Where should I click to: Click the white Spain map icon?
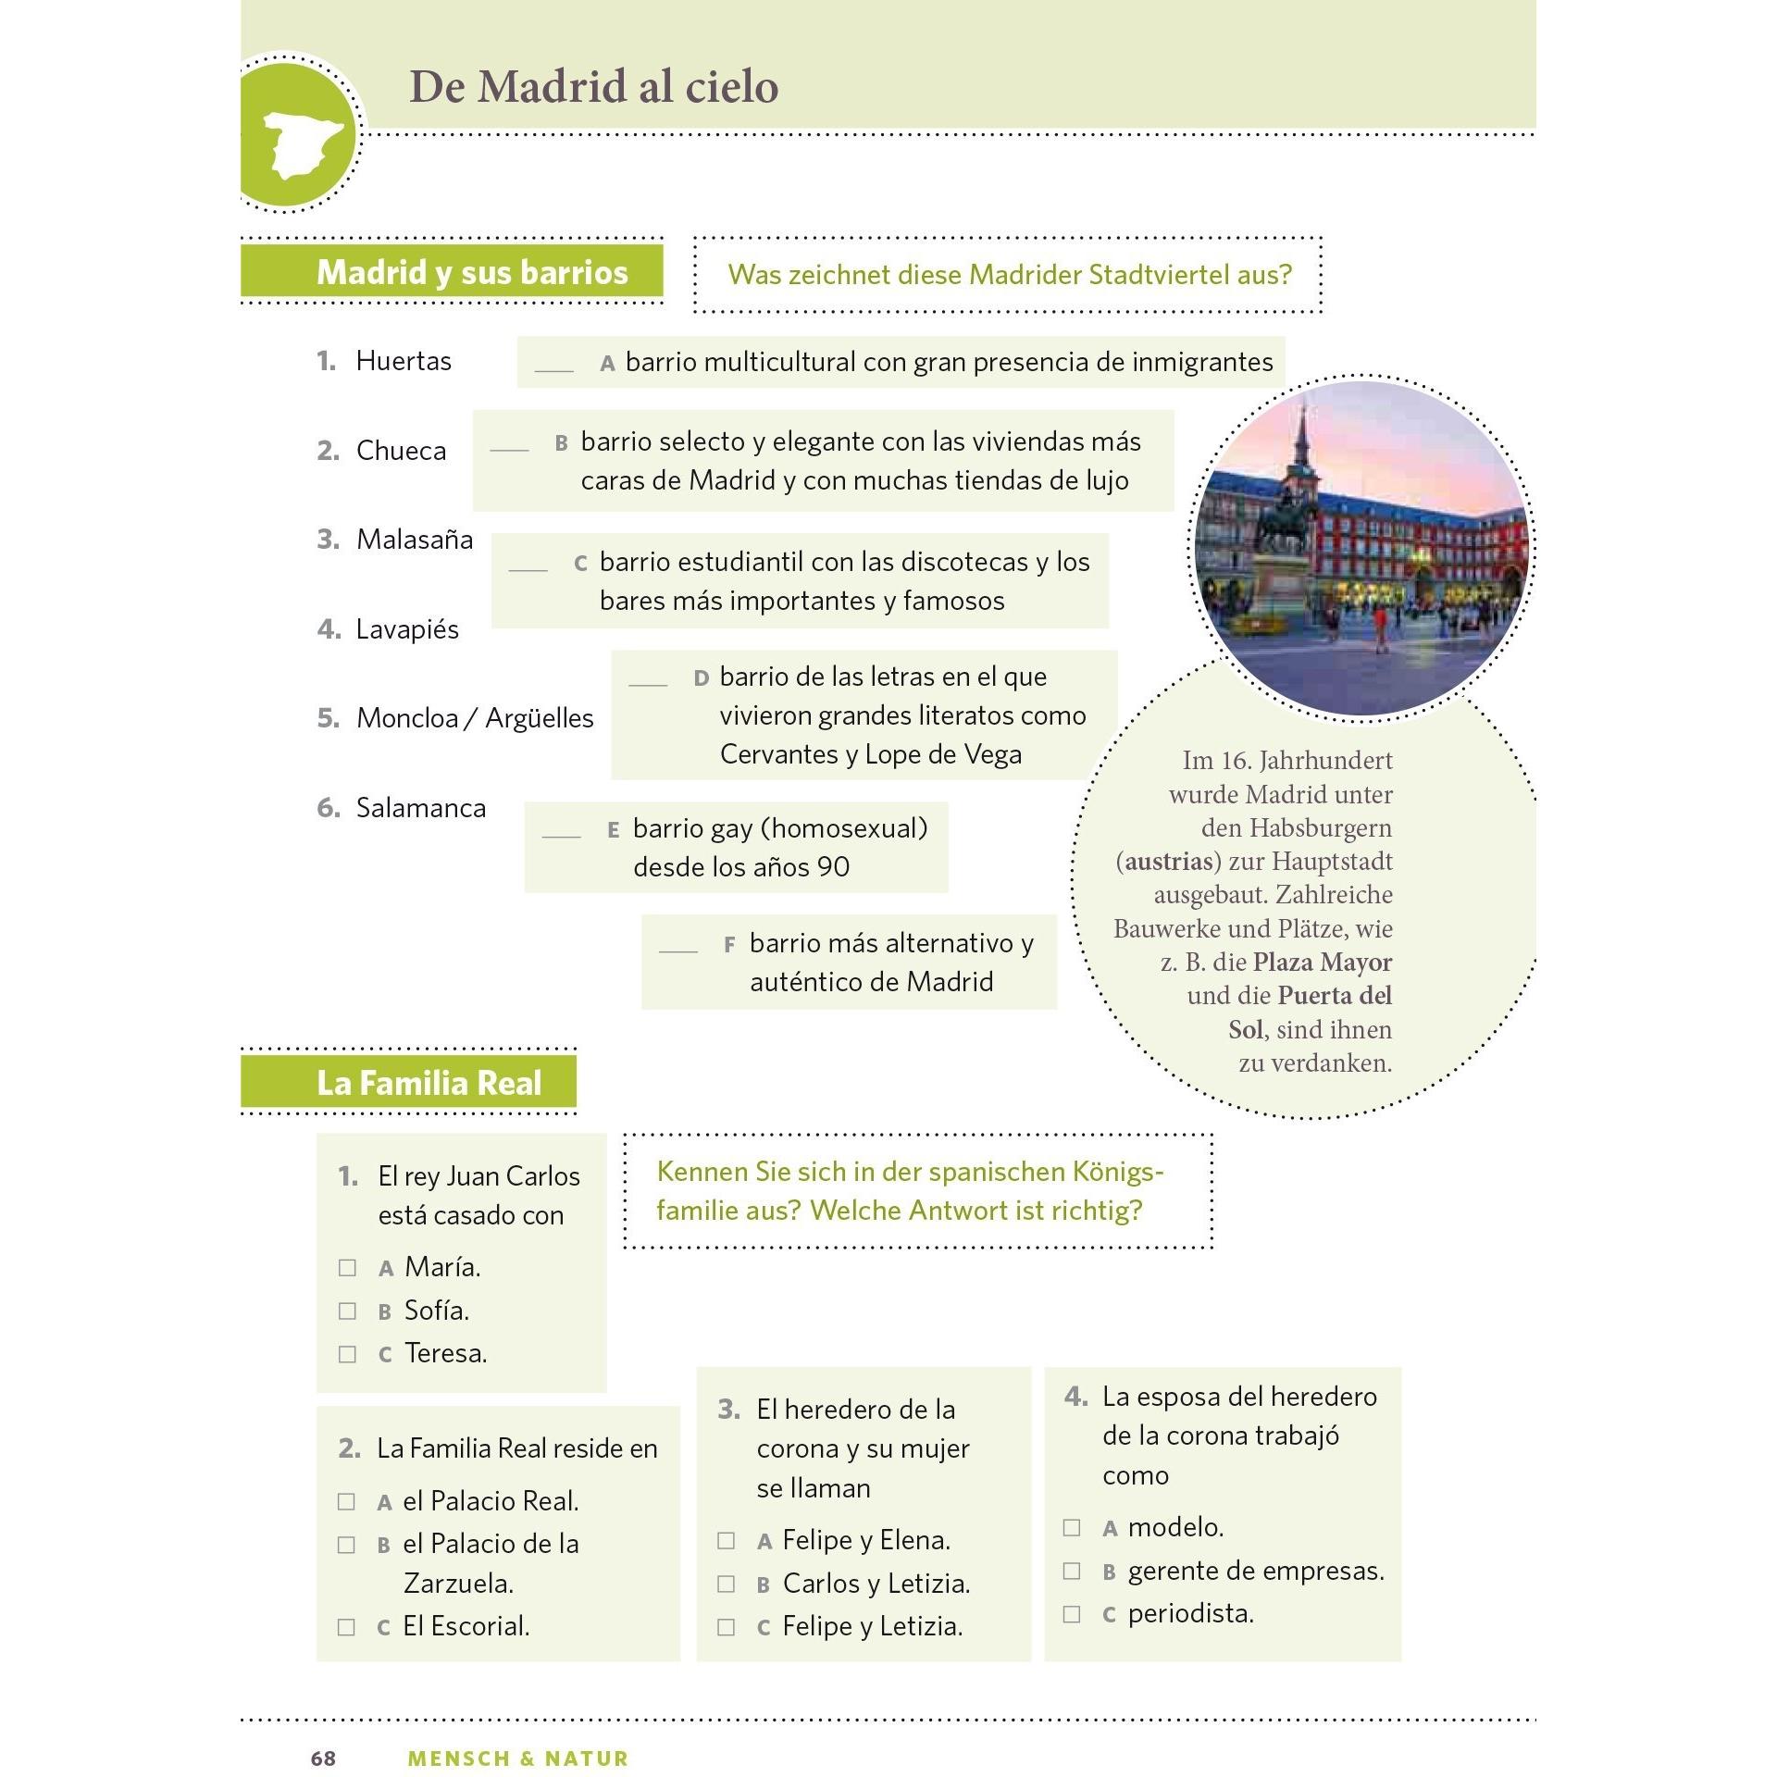coord(303,143)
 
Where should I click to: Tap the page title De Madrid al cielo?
coord(593,87)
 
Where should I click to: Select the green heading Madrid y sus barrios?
coord(471,272)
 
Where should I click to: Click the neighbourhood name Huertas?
coord(403,361)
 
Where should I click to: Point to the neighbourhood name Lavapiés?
coord(407,629)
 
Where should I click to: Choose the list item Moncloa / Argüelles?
coord(474,718)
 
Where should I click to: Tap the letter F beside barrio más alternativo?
coord(729,945)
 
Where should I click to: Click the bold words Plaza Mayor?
coord(1322,963)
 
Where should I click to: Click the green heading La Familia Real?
coord(429,1083)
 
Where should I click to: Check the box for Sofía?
coord(347,1311)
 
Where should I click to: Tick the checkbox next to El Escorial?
coord(346,1627)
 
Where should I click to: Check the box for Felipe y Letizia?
coord(726,1627)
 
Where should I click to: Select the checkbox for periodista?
coord(1072,1614)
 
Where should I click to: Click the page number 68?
coord(323,1758)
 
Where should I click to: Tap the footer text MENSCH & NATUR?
coord(517,1758)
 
